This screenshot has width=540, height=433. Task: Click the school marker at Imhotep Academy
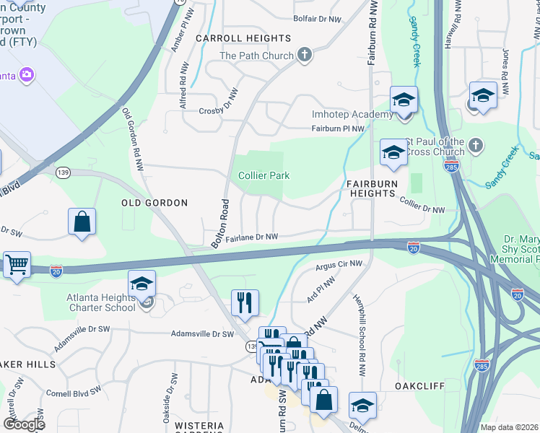(404, 100)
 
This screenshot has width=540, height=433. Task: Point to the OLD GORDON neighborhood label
(154, 204)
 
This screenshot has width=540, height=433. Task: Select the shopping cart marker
(16, 263)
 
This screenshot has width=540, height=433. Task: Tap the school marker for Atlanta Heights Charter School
(142, 283)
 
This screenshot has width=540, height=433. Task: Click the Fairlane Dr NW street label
(252, 237)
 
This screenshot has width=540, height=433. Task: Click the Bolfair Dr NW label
(317, 19)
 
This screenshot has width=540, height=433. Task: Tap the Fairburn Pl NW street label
(336, 128)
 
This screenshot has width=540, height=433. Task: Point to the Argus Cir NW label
(339, 266)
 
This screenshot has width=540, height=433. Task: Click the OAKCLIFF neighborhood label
(419, 386)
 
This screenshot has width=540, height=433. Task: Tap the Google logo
(23, 424)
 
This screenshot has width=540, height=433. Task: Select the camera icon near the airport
(27, 74)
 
